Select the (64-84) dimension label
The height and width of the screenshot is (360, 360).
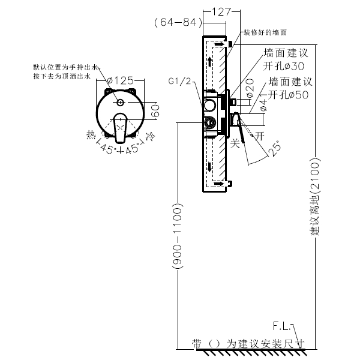tap(176, 23)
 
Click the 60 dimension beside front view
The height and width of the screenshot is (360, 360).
tap(155, 110)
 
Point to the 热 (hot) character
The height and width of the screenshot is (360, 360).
tap(91, 136)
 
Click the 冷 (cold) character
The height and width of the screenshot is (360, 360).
tap(151, 137)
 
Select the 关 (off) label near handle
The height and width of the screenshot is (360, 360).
tap(235, 143)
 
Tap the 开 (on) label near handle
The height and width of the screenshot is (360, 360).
tap(259, 136)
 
